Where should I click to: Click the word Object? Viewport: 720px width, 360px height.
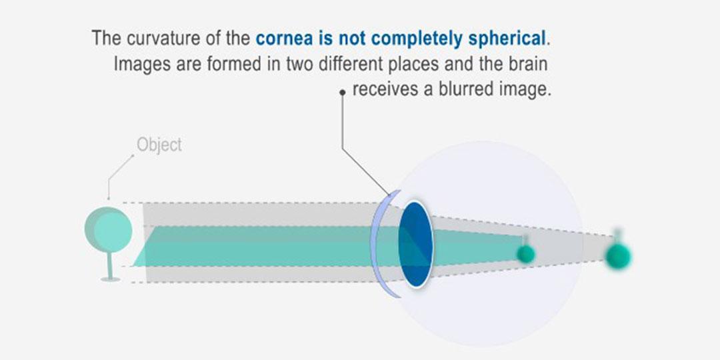159,145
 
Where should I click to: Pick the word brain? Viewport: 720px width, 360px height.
526,64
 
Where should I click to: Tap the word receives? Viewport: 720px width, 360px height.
385,89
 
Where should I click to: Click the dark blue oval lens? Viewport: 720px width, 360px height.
415,244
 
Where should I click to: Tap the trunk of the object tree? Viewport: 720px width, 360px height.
110,266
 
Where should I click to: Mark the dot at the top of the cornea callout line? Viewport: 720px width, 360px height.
342,92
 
